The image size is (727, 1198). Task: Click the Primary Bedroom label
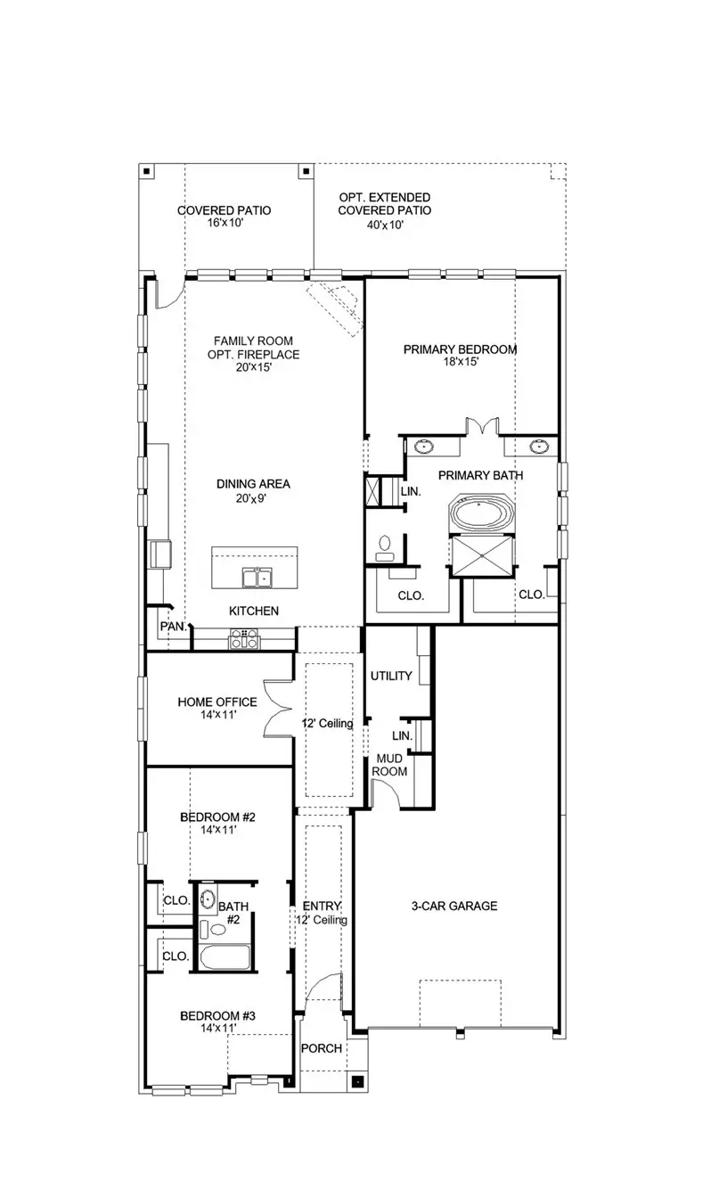pos(460,349)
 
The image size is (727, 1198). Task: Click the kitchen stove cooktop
pos(244,638)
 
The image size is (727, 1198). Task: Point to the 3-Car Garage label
pos(453,906)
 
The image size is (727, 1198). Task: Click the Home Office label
pos(216,702)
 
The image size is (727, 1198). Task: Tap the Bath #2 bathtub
pos(225,959)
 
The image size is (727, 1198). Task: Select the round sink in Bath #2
pos(208,898)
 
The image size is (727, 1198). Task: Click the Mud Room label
pos(389,765)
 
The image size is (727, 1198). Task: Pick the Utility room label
pos(391,676)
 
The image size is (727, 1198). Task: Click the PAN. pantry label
pos(172,627)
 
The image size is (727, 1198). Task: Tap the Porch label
pos(321,1048)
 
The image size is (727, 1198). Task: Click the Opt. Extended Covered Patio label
pos(384,204)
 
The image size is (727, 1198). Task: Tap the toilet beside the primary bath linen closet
pos(386,546)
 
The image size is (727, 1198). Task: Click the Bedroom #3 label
pos(217,1015)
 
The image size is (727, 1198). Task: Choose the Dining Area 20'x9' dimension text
pos(253,499)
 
